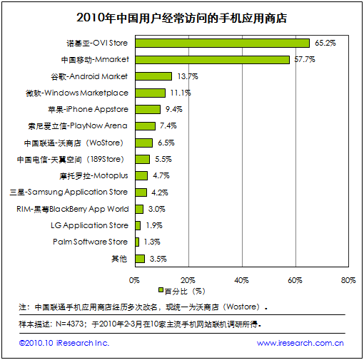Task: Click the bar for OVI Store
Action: click(x=223, y=43)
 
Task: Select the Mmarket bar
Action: click(x=213, y=60)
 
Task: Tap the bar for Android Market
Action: click(x=153, y=76)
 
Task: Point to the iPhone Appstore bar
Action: click(x=148, y=109)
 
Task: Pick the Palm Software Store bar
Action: click(x=137, y=242)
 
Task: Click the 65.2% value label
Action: click(x=325, y=43)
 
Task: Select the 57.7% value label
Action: click(x=305, y=59)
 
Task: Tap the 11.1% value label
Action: click(x=181, y=93)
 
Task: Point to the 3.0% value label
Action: click(x=156, y=209)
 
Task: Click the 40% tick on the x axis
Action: click(x=241, y=280)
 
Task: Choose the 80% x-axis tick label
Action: click(x=348, y=280)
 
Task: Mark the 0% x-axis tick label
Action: click(x=134, y=280)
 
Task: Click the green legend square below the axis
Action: click(x=161, y=290)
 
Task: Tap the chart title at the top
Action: click(x=181, y=18)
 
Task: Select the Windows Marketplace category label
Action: click(x=77, y=93)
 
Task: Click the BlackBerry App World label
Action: click(x=73, y=209)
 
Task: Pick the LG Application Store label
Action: click(x=89, y=225)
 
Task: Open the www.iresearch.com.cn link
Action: click(x=300, y=343)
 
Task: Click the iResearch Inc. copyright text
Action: click(x=64, y=343)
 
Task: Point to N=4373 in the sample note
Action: click(x=70, y=324)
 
